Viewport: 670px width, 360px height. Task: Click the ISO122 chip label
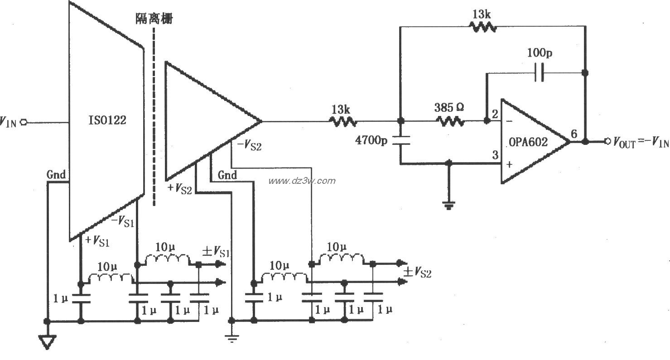[107, 121]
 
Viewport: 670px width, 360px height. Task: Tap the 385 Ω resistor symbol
[450, 121]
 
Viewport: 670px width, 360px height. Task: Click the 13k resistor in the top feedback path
[482, 27]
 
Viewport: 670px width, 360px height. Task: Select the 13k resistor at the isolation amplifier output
[343, 121]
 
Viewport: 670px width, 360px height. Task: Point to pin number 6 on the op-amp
[574, 134]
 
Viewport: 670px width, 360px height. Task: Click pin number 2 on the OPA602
[495, 113]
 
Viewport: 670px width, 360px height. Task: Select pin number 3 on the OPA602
[495, 155]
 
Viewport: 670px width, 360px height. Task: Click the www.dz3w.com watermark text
[302, 181]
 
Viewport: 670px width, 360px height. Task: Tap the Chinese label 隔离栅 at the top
[154, 19]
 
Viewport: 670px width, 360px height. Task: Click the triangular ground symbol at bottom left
[47, 342]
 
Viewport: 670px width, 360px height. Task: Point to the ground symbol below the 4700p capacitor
[448, 206]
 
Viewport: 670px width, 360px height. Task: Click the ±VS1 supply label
[215, 251]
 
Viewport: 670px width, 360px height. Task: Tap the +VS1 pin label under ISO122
[97, 241]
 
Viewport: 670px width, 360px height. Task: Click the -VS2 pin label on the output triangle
[246, 146]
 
